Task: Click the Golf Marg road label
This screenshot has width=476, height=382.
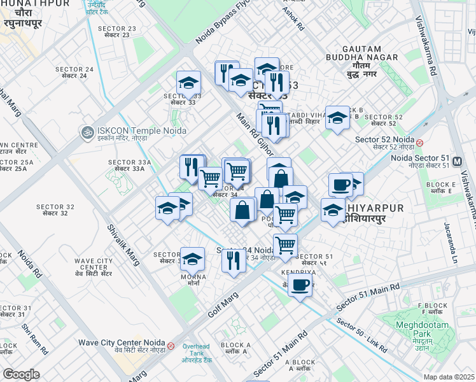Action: pos(222,304)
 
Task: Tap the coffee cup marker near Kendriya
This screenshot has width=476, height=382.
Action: pos(300,285)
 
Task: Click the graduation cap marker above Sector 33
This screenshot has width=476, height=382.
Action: pos(188,83)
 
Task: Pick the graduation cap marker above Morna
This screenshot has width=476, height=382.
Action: pos(192,259)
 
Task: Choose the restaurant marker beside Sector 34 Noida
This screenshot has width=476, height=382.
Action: pos(234,260)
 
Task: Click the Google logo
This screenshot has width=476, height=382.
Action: pos(21,374)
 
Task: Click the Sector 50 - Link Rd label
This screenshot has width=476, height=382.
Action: pos(361,334)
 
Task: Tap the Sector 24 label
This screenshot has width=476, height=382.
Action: pos(74,73)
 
